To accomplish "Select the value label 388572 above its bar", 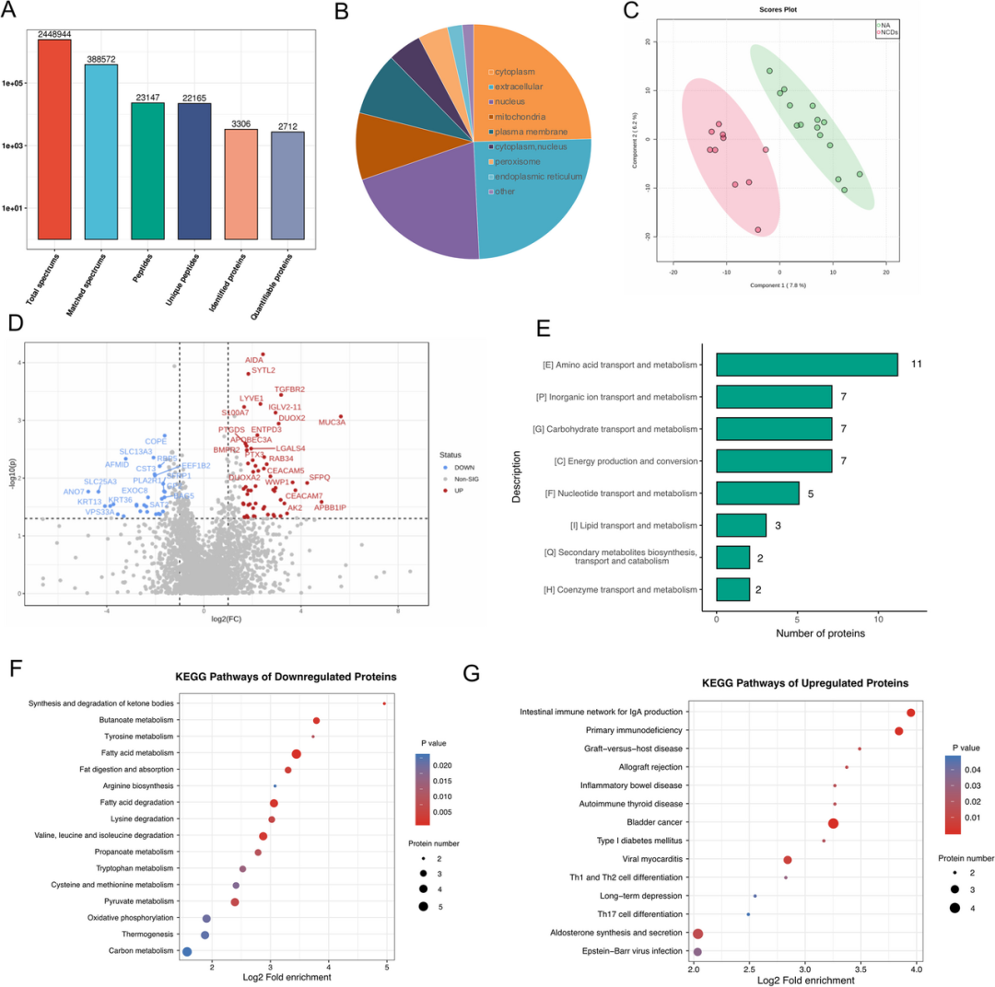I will [x=108, y=58].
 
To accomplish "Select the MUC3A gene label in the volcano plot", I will [x=332, y=423].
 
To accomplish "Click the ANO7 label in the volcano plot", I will [x=74, y=492].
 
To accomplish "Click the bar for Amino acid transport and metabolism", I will [x=806, y=366].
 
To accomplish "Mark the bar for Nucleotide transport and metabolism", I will [x=757, y=493].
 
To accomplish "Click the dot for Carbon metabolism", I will [x=187, y=952].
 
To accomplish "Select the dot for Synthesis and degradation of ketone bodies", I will [x=384, y=704].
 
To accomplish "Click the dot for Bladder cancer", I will [x=833, y=822].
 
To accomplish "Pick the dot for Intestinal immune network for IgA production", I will [x=910, y=713].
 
